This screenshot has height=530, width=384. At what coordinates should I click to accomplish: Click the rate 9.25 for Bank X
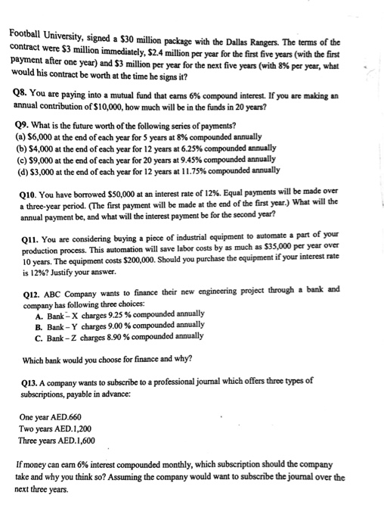[x=109, y=313]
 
